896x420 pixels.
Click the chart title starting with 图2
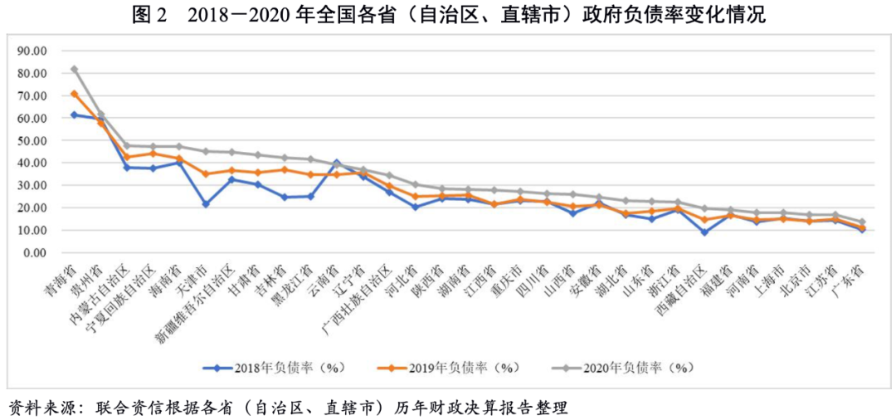click(448, 14)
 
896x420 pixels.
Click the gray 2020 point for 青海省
click(75, 69)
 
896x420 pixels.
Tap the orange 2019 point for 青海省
click(75, 94)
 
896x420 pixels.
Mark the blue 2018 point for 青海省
click(75, 115)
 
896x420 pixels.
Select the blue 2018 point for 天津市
click(206, 204)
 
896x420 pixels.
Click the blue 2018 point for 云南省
click(337, 162)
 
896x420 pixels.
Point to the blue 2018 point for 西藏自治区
click(704, 232)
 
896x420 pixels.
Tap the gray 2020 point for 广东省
click(862, 222)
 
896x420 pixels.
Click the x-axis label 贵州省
click(91, 278)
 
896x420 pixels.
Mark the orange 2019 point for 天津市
click(206, 173)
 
